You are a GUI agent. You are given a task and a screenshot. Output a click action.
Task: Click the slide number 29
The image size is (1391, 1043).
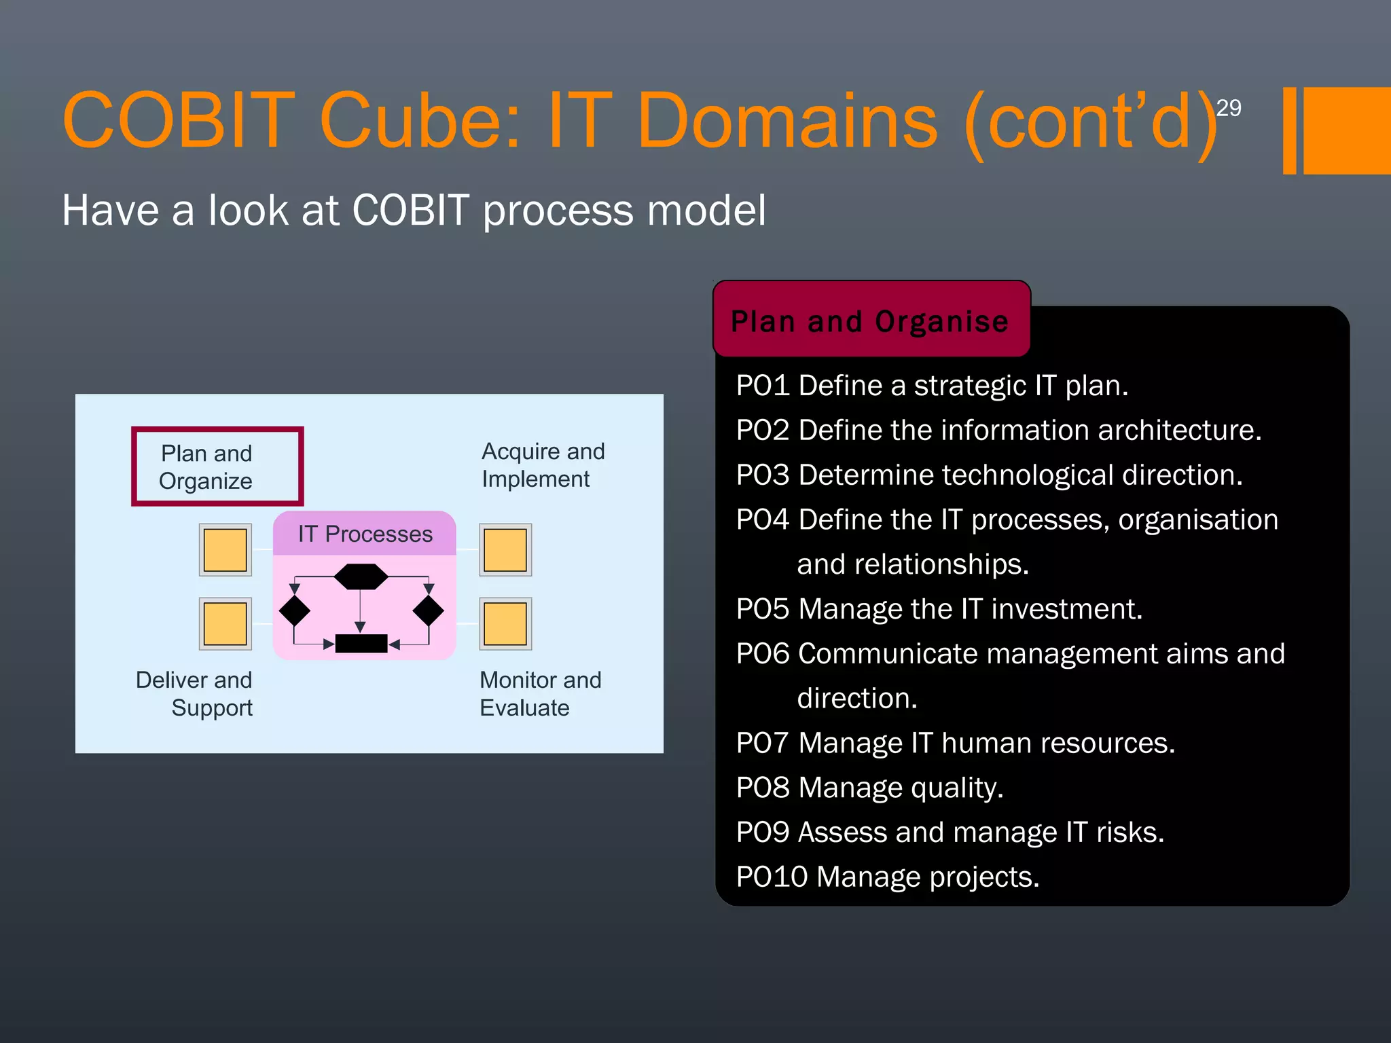1228,108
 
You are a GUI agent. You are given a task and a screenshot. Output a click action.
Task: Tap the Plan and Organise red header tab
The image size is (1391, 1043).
871,321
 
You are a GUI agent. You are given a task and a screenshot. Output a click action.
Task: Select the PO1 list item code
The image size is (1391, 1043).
762,386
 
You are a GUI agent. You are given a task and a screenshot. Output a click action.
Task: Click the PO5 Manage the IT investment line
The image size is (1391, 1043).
939,609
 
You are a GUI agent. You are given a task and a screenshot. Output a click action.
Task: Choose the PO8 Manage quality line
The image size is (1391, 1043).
869,788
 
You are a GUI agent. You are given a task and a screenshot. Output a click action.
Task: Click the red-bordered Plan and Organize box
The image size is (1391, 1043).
217,466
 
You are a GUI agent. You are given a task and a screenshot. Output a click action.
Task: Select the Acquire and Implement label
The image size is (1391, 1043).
543,465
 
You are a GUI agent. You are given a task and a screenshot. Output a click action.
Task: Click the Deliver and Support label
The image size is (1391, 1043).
194,694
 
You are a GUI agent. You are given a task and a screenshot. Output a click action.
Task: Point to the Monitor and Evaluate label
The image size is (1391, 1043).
540,694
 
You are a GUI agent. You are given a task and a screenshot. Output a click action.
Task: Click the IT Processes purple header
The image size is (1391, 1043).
365,534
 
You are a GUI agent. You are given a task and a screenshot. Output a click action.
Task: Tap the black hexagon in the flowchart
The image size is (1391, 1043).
361,577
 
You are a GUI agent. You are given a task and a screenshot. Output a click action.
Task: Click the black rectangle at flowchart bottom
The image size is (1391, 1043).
361,644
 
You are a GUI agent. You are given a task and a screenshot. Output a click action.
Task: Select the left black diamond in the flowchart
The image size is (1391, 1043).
295,611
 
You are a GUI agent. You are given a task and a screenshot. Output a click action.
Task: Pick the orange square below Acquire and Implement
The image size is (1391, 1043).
505,550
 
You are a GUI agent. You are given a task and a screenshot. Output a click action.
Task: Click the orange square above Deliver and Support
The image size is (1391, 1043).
225,624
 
